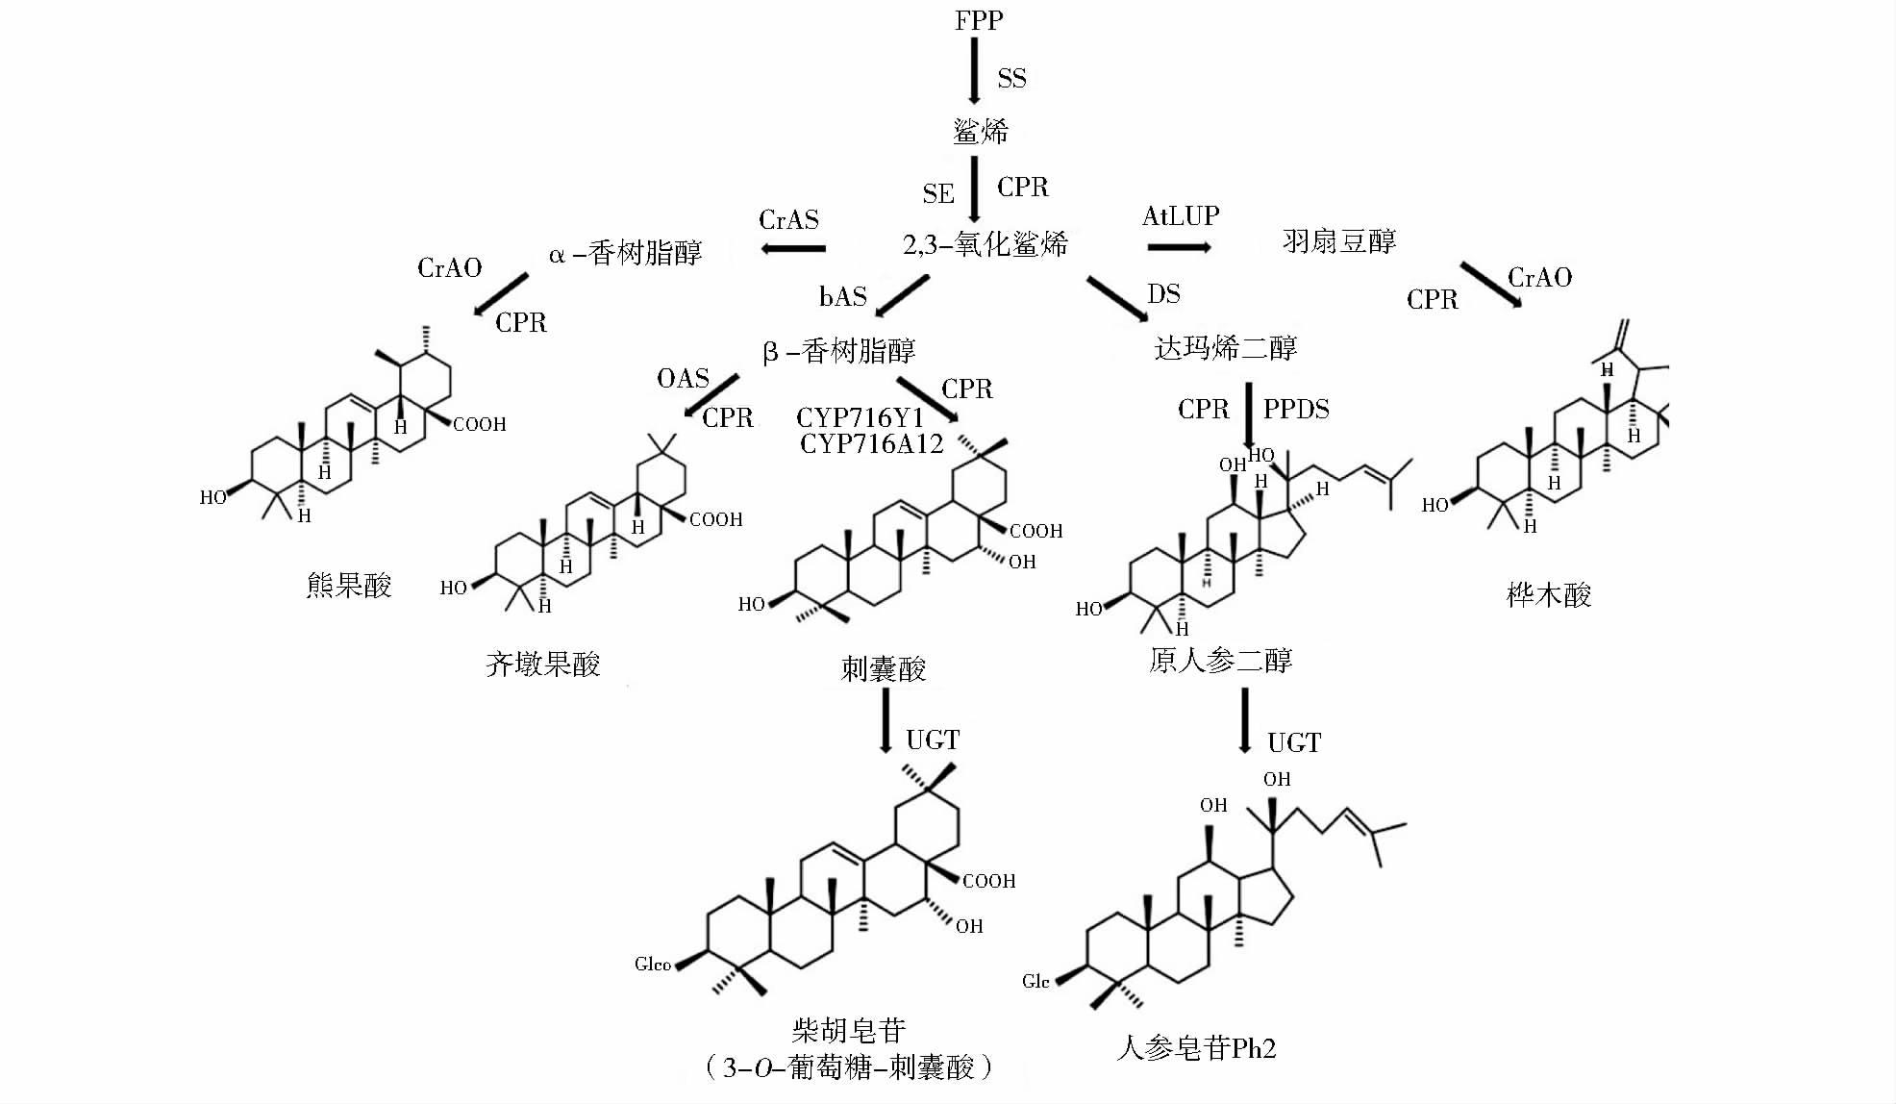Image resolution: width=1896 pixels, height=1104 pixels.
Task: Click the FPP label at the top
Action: (x=978, y=20)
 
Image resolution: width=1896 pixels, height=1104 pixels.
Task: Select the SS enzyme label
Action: (x=1011, y=79)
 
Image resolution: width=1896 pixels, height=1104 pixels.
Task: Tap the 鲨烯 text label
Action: (x=981, y=131)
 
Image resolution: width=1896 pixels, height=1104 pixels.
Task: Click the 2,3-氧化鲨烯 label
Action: (x=985, y=244)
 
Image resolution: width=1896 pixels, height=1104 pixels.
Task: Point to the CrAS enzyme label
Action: (x=788, y=220)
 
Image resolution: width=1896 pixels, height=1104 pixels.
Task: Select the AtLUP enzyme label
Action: (x=1181, y=216)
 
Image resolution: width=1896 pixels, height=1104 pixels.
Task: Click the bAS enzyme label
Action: (x=842, y=297)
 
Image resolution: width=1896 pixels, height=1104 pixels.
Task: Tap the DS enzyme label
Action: (x=1163, y=294)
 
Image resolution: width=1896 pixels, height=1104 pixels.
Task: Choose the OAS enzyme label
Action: (x=683, y=378)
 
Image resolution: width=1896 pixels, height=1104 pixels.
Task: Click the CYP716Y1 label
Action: (x=860, y=417)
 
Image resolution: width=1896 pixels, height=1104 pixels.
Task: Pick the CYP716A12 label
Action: (x=871, y=443)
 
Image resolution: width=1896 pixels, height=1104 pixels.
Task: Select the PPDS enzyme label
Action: (x=1296, y=410)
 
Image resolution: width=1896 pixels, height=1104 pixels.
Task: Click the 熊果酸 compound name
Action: (x=349, y=586)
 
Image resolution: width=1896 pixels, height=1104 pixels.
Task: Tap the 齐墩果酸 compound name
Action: (x=542, y=665)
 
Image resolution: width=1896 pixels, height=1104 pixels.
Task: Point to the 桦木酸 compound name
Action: (x=1549, y=595)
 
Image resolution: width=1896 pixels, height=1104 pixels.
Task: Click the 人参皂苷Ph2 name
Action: (x=1196, y=1047)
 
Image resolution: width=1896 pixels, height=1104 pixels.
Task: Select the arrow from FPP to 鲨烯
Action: (x=974, y=71)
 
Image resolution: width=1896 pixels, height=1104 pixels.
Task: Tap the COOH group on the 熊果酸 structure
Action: (x=479, y=424)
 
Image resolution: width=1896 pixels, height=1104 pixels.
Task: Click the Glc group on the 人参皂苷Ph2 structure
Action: (x=1035, y=982)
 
